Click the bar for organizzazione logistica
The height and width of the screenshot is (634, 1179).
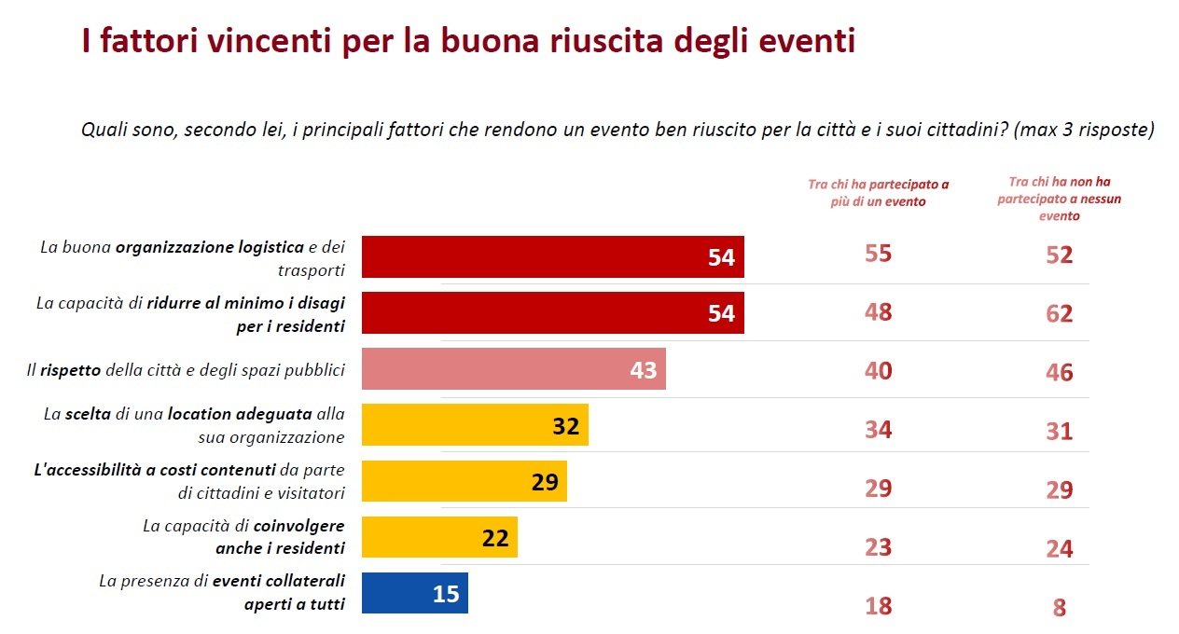552,256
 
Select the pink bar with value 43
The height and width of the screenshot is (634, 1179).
513,369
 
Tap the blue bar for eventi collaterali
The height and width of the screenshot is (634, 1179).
414,593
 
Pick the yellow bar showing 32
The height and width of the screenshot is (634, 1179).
474,425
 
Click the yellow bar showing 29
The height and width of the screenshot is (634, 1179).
464,481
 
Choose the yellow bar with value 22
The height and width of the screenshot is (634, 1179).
438,537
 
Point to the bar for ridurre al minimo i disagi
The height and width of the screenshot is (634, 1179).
552,313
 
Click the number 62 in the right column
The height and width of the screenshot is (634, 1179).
1059,313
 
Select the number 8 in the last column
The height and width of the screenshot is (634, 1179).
1059,608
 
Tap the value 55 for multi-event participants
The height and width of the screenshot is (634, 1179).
879,254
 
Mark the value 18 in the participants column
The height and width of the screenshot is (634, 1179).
879,606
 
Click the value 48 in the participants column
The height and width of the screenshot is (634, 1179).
879,312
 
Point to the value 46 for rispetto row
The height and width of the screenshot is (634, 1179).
1059,373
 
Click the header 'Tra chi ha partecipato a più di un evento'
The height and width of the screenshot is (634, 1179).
879,192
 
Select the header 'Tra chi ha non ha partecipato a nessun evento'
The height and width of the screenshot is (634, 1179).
1059,199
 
